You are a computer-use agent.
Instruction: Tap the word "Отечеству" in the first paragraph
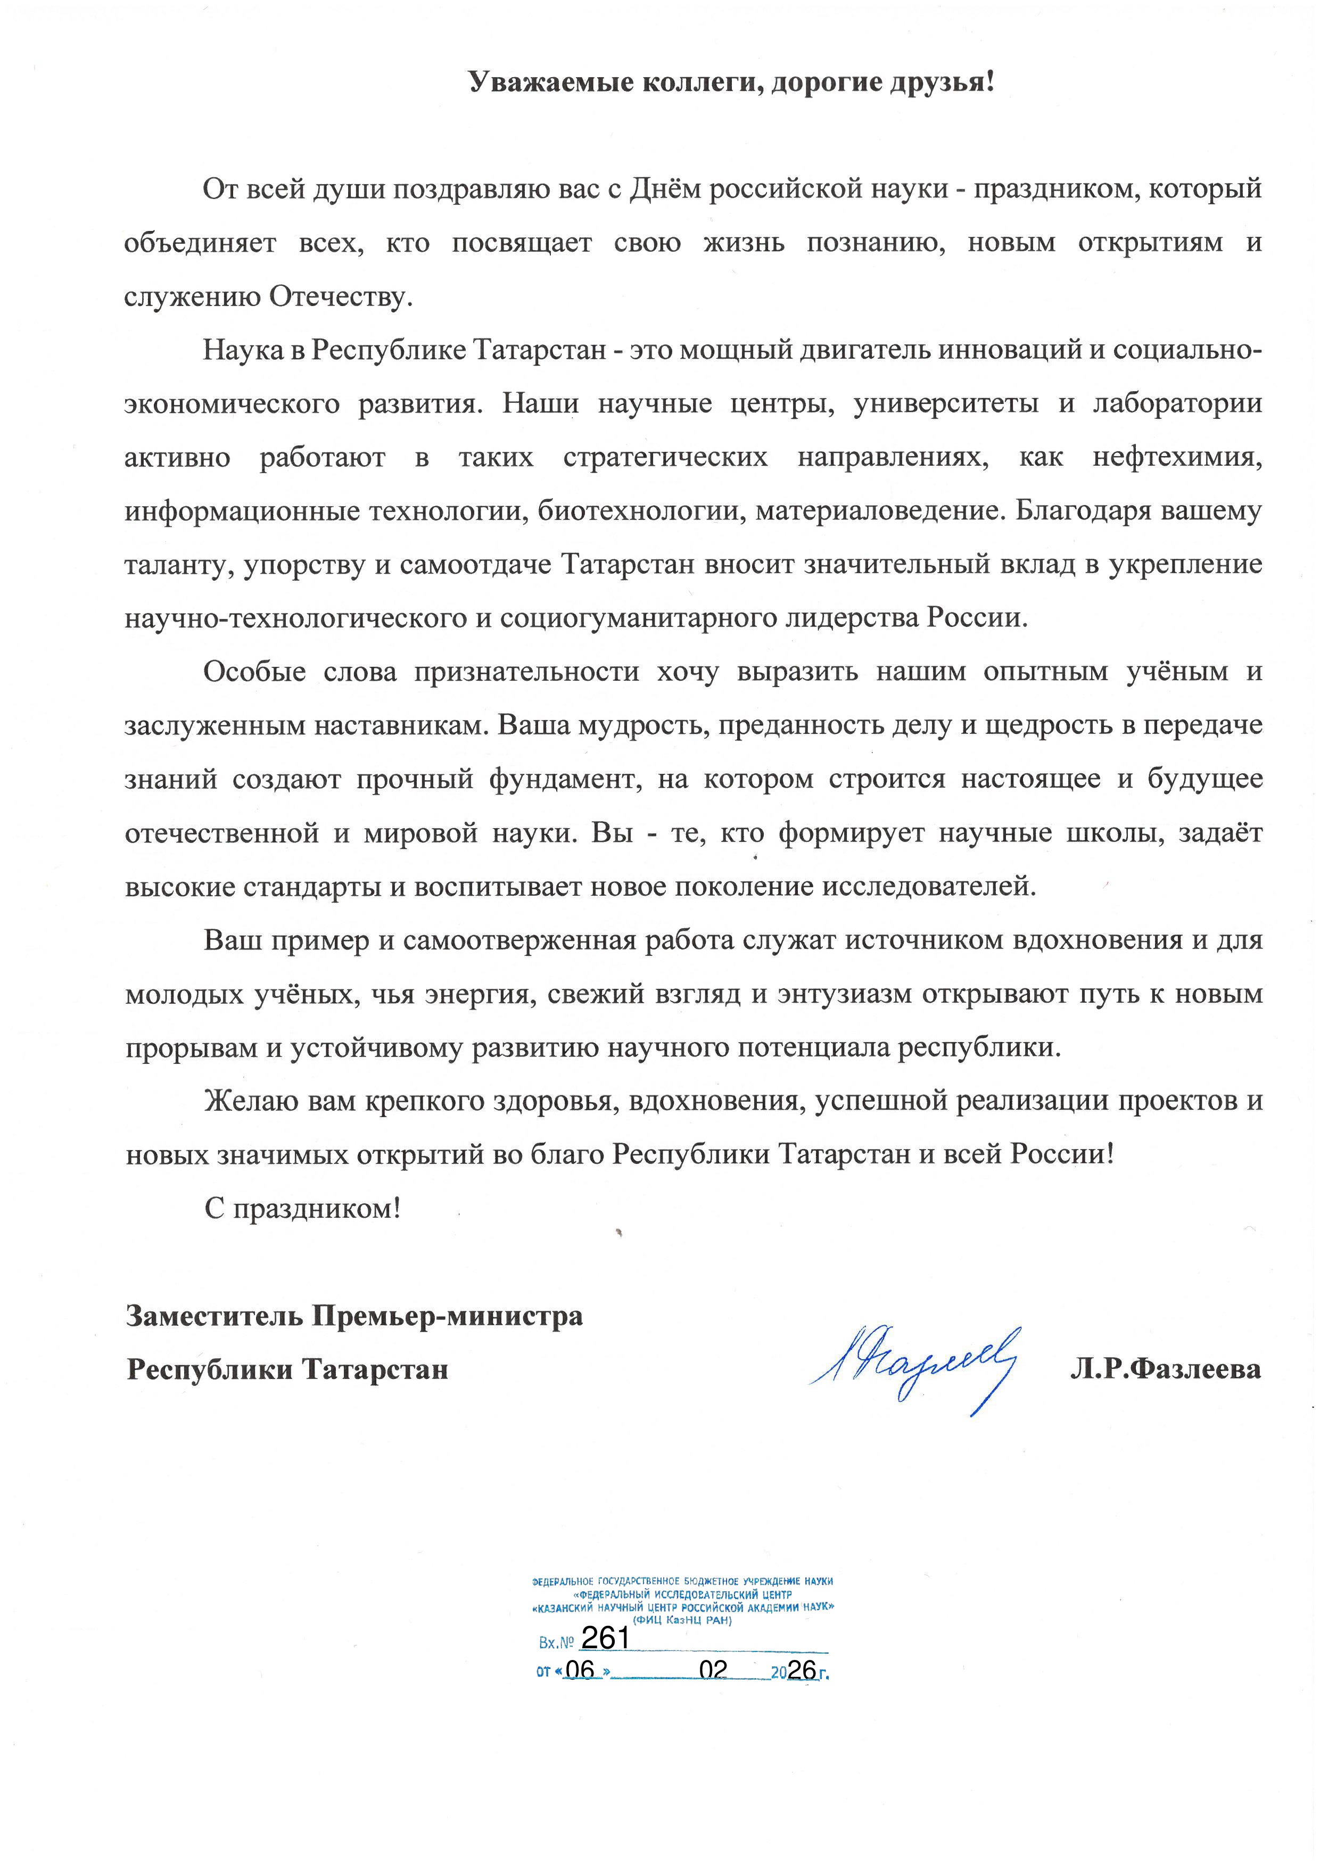(x=341, y=297)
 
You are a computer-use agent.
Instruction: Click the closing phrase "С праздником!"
(x=302, y=1209)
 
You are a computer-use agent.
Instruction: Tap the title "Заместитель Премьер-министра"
(x=354, y=1317)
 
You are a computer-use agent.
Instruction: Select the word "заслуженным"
(x=214, y=726)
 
